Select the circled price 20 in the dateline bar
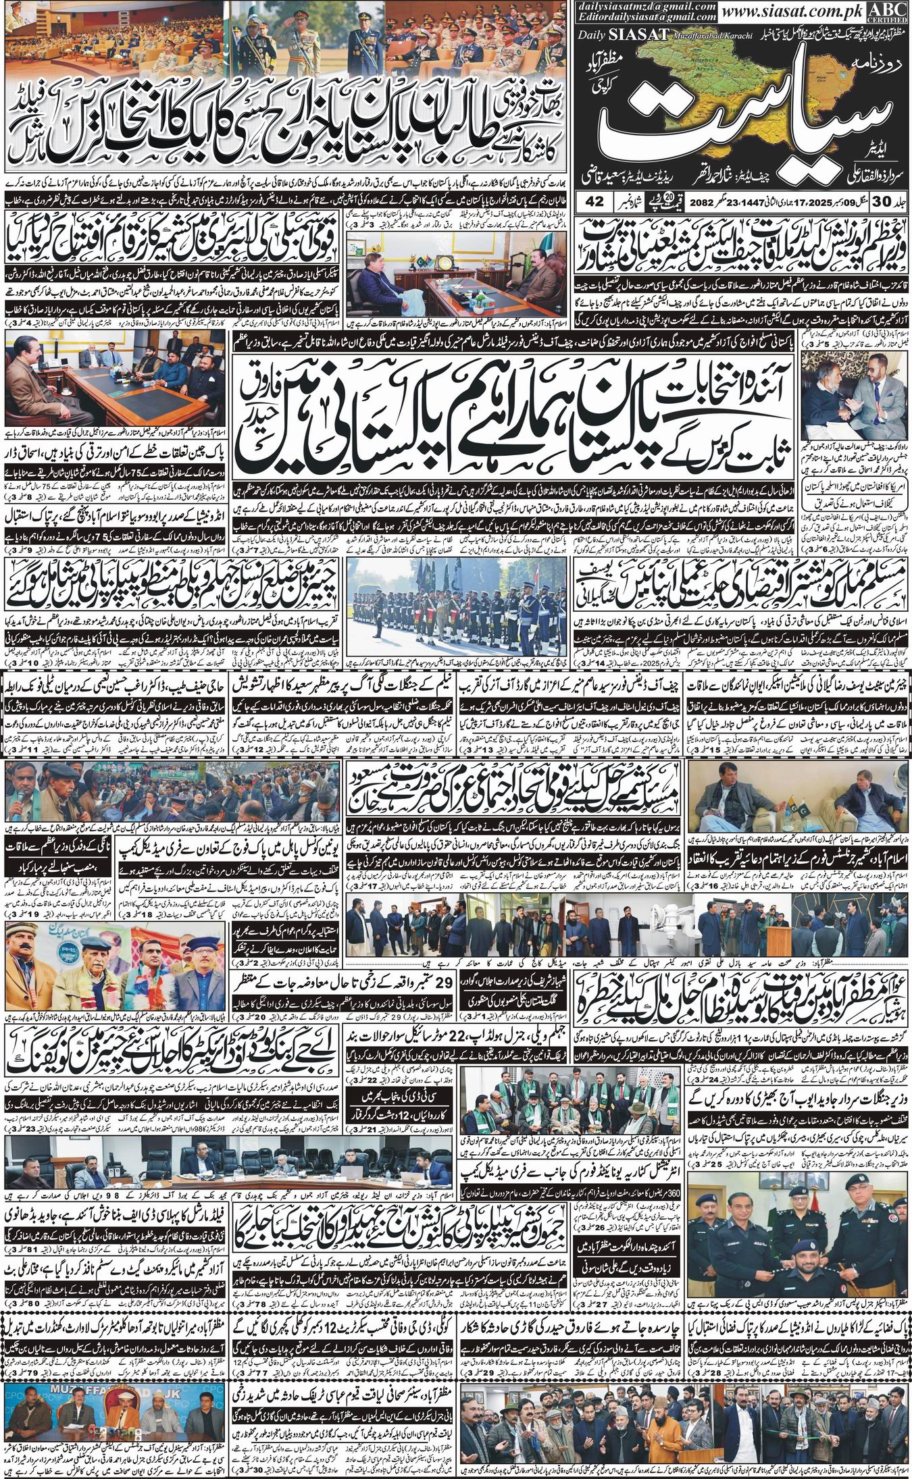tap(649, 200)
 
